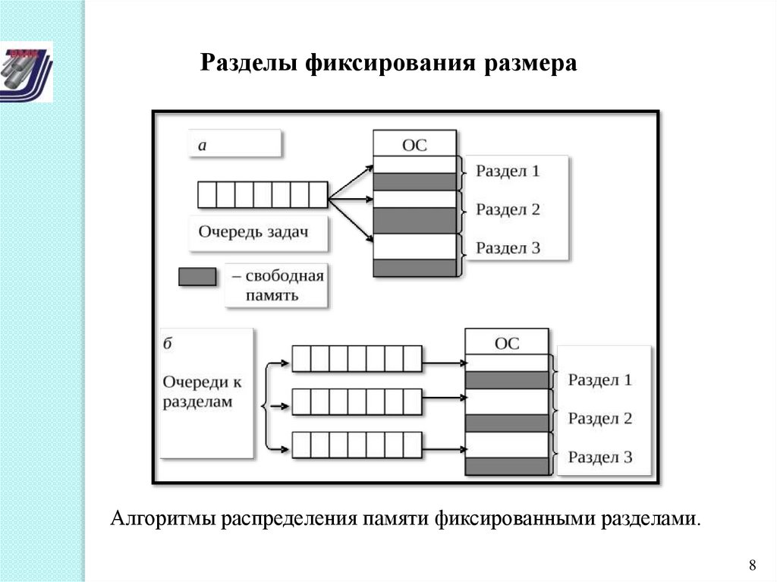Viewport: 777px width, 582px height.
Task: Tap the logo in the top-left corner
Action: (x=27, y=71)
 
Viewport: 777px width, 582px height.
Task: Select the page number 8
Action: (x=752, y=565)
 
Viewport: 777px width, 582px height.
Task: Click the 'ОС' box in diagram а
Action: (x=414, y=143)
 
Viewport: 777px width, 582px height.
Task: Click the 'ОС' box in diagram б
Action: (x=506, y=342)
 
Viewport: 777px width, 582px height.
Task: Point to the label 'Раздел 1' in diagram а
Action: (x=508, y=171)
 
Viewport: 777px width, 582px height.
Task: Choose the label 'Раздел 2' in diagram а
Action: (x=508, y=209)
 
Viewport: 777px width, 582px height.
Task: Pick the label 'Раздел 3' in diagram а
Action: (x=508, y=247)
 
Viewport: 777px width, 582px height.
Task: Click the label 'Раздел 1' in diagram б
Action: (x=599, y=380)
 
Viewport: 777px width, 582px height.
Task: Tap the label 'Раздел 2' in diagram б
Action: (x=599, y=418)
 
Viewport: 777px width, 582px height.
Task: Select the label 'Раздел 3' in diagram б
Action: (x=599, y=457)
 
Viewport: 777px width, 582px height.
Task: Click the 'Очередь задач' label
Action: (x=254, y=231)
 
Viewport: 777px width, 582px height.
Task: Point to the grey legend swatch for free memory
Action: (x=197, y=277)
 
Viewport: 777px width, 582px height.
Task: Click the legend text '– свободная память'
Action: (x=278, y=285)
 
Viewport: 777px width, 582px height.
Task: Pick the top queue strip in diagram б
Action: (x=357, y=358)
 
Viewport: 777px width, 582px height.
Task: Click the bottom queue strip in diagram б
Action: (x=357, y=445)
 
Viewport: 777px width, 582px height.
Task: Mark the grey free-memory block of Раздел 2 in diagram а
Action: (x=415, y=220)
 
